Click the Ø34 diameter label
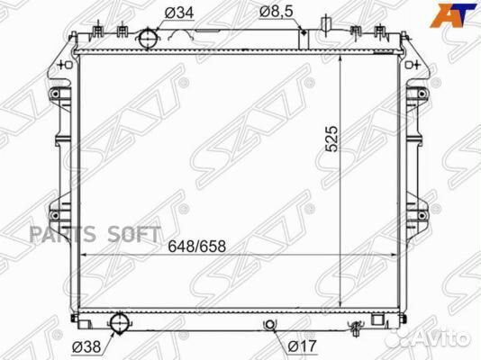[x=179, y=13]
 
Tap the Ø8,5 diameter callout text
[x=277, y=12]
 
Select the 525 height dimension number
[x=331, y=139]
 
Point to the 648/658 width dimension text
[x=196, y=246]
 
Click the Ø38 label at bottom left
[x=86, y=346]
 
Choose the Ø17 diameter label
[x=302, y=346]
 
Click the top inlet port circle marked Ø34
[x=148, y=39]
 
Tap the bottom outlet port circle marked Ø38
[x=119, y=323]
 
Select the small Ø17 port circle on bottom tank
[x=269, y=324]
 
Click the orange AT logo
[x=454, y=15]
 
